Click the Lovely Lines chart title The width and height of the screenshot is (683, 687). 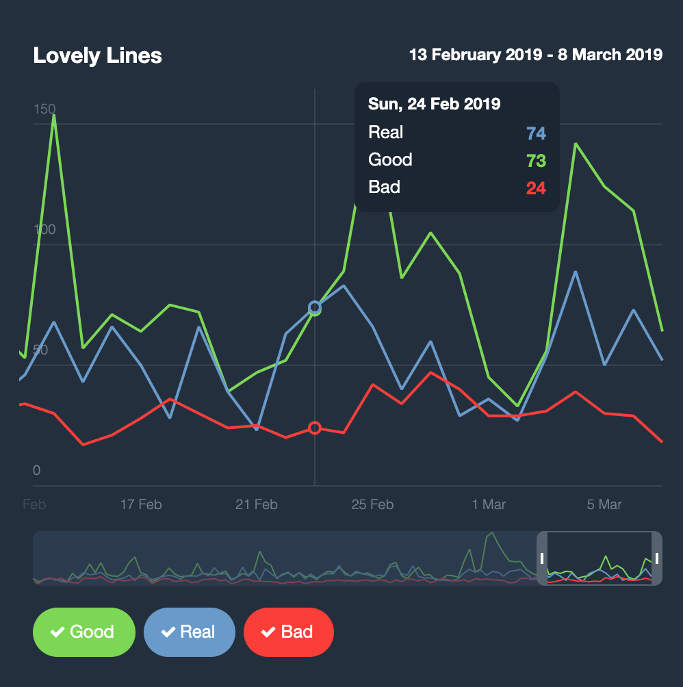[x=97, y=55]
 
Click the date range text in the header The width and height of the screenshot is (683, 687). [x=535, y=55]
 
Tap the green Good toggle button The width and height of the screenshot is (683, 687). [x=84, y=632]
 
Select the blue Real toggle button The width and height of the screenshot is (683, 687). [x=190, y=632]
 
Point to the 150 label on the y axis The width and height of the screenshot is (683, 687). [x=44, y=109]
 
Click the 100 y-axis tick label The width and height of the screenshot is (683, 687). [x=44, y=229]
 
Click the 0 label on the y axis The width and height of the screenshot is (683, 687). [x=37, y=471]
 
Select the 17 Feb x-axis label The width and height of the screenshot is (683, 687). [x=141, y=505]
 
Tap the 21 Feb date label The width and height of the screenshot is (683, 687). [x=257, y=505]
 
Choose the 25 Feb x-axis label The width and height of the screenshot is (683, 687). [x=372, y=505]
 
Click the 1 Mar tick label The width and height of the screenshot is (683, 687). [x=489, y=505]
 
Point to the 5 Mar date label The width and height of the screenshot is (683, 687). [x=604, y=505]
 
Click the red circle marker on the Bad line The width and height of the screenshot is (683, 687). [x=315, y=428]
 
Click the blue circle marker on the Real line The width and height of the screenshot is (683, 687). [x=315, y=307]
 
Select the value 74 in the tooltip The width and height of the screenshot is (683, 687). [x=535, y=133]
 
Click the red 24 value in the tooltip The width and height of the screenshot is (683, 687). [x=535, y=187]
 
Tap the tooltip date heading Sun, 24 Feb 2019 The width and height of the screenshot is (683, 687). [x=434, y=104]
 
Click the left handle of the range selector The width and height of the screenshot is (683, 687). [x=542, y=558]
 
